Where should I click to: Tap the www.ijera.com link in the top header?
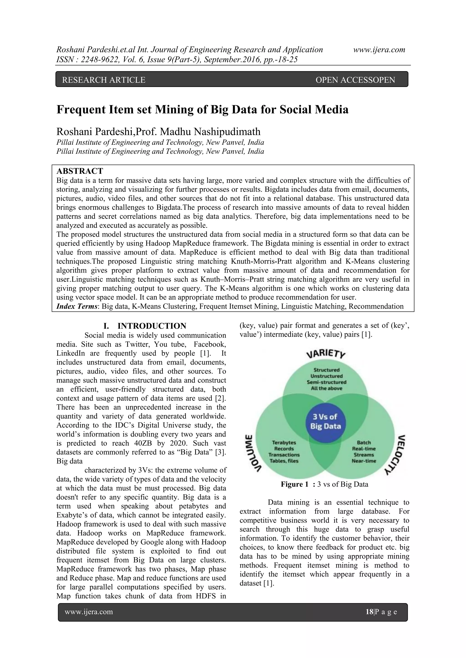click(x=379, y=50)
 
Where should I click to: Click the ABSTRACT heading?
click(x=80, y=171)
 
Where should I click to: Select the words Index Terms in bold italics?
click(x=77, y=306)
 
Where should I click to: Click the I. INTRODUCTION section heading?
click(x=145, y=326)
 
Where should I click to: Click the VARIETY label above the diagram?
click(x=326, y=354)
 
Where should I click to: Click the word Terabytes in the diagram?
click(x=284, y=442)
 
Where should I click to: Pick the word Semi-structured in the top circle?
click(x=327, y=382)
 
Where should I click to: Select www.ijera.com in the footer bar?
click(x=89, y=612)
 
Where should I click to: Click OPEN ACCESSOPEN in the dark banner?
click(x=355, y=80)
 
